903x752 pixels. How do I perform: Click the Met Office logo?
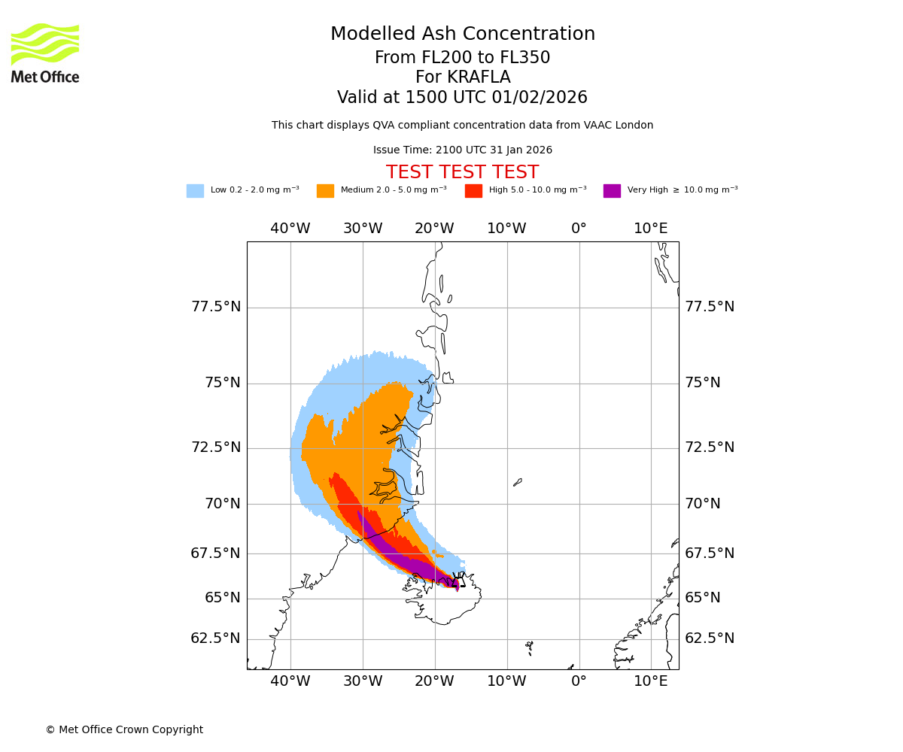tap(45, 53)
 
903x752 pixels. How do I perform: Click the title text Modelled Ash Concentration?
tap(462, 35)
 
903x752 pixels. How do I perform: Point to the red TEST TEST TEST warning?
tap(462, 173)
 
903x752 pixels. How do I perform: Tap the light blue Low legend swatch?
tap(195, 191)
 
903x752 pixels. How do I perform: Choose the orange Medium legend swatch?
tap(325, 191)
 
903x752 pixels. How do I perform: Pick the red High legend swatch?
tap(473, 191)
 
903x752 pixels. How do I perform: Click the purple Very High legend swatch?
tap(612, 191)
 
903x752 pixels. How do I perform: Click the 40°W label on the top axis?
tap(290, 229)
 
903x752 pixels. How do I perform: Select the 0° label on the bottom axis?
tap(579, 681)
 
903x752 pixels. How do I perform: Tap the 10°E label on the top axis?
tap(651, 229)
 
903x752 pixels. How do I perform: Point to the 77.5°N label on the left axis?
tap(216, 307)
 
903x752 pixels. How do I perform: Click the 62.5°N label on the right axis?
tap(710, 638)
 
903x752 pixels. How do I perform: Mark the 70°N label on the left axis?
tap(223, 504)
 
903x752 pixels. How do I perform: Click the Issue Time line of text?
tap(462, 150)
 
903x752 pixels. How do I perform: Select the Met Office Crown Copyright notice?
tap(124, 730)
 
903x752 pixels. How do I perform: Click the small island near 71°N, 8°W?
tap(518, 482)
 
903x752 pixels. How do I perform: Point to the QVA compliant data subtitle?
tap(462, 126)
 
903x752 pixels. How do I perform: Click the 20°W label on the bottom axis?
tap(434, 681)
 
